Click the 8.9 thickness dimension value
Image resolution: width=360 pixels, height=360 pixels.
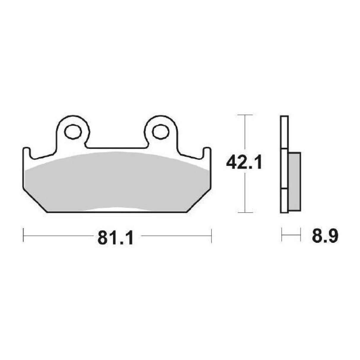pyautogui.click(x=325, y=236)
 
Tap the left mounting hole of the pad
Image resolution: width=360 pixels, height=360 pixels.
pyautogui.click(x=73, y=132)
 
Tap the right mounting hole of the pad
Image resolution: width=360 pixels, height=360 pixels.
pyautogui.click(x=161, y=132)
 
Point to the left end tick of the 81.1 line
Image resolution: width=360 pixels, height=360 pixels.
pyautogui.click(x=23, y=235)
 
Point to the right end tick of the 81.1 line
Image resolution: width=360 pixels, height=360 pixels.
pyautogui.click(x=211, y=235)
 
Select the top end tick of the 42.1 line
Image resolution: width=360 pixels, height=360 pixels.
pyautogui.click(x=245, y=115)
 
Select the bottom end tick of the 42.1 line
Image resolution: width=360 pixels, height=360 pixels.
pyautogui.click(x=245, y=212)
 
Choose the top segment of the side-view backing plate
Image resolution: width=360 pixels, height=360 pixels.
pyautogui.click(x=284, y=132)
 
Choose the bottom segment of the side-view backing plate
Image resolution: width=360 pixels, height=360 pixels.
pyautogui.click(x=284, y=200)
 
